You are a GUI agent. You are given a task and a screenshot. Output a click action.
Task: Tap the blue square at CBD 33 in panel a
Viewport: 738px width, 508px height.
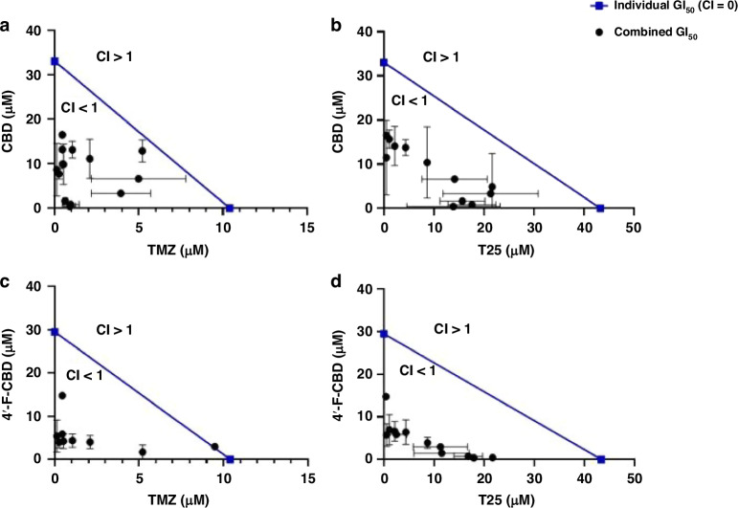55,61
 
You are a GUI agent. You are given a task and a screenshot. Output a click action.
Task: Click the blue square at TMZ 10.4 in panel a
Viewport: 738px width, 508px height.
230,208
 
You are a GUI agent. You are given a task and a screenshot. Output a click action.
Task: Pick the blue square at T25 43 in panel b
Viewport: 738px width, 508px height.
600,208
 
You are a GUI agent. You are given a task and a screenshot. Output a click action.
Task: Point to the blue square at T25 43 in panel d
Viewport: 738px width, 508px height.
600,459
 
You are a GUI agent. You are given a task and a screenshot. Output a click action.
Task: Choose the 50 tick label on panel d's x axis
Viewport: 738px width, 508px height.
632,477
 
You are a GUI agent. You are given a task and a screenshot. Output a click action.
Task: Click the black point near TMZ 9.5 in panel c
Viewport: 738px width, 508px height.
214,447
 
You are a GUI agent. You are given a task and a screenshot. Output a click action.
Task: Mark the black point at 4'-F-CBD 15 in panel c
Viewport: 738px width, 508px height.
62,395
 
